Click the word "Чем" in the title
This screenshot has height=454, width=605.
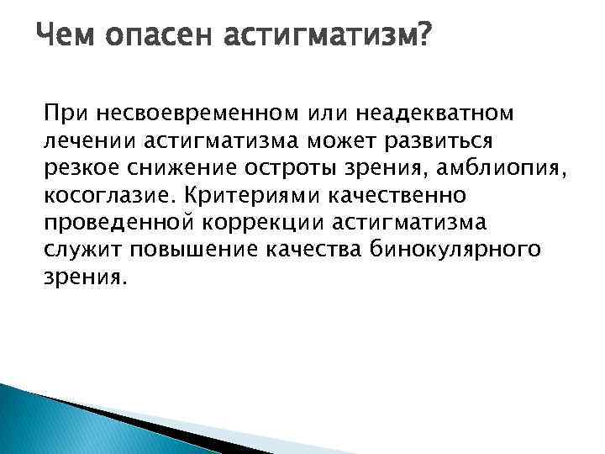[x=69, y=36]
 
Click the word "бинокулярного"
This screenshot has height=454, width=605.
[x=473, y=251]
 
